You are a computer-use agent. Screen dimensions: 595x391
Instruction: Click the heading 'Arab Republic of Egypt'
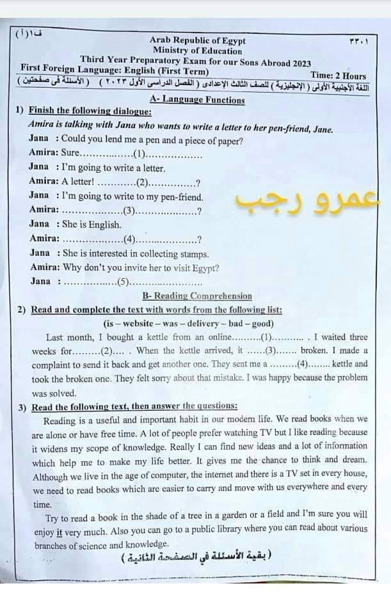pos(198,41)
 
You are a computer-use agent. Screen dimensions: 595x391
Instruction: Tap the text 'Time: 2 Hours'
pos(339,75)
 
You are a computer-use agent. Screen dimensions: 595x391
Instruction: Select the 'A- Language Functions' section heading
pos(197,99)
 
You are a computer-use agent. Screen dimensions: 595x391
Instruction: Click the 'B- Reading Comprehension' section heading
pos(197,296)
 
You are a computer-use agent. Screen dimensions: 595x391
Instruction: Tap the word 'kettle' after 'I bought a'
pos(155,337)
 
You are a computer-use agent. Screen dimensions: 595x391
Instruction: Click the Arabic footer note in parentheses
pos(196,557)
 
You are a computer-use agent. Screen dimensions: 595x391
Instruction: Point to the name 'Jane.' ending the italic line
pos(323,129)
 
